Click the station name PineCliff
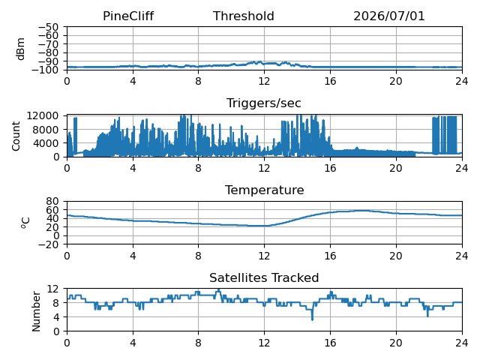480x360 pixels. coord(128,16)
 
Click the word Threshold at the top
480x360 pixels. coord(243,16)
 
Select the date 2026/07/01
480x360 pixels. coord(389,16)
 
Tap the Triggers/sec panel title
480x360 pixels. coord(263,103)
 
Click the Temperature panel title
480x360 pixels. coord(265,190)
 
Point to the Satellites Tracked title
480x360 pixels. coord(264,277)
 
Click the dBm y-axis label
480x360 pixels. coord(20,49)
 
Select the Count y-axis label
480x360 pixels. coord(16,136)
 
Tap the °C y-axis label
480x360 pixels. coord(25,223)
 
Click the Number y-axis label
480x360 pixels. coord(36,311)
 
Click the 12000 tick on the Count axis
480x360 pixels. coord(43,115)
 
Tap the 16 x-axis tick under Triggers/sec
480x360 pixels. coord(330,168)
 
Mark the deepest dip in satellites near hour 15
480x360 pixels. coord(312,319)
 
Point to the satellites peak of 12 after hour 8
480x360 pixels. coord(218,289)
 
